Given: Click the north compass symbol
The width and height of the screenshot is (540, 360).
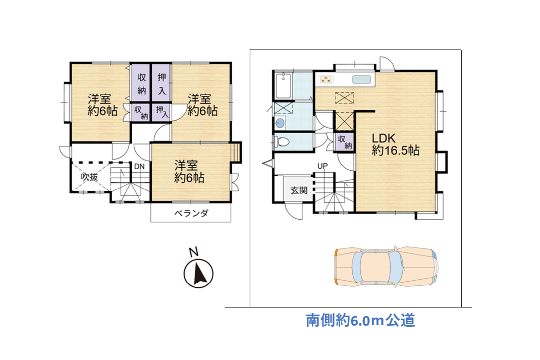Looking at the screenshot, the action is coord(198,273).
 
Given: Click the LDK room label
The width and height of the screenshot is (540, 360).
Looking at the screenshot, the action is coord(384,138).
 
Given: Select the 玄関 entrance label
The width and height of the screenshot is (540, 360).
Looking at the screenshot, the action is coord(299,190).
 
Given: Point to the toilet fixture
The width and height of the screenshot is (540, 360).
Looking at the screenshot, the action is coord(281,141).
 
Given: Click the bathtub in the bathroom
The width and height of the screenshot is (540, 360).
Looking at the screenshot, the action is coord(284,85).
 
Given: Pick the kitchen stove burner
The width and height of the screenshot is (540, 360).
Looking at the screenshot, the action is coord(326,80).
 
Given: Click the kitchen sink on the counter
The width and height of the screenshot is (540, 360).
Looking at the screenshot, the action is coord(361,80).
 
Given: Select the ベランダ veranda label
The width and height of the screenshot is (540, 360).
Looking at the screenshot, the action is coord(191,213).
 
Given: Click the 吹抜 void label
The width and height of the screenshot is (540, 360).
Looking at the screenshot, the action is coord(89,177).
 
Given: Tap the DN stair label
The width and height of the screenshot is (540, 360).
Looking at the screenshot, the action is coord(139,167).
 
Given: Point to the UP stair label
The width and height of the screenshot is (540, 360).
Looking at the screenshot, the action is coord(322,166).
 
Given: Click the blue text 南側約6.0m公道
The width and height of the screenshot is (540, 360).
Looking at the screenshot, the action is coord(360,321).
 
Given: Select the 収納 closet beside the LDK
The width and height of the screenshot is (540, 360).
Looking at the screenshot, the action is coord(345,142).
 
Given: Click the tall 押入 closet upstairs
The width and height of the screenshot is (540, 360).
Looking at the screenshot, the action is coord(161,83).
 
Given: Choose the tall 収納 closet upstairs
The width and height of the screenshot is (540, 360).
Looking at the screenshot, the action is coord(141,83).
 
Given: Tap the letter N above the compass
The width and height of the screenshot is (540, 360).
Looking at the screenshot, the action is coord(194,252).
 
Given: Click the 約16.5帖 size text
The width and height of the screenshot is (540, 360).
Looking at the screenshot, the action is coord(395,150).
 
